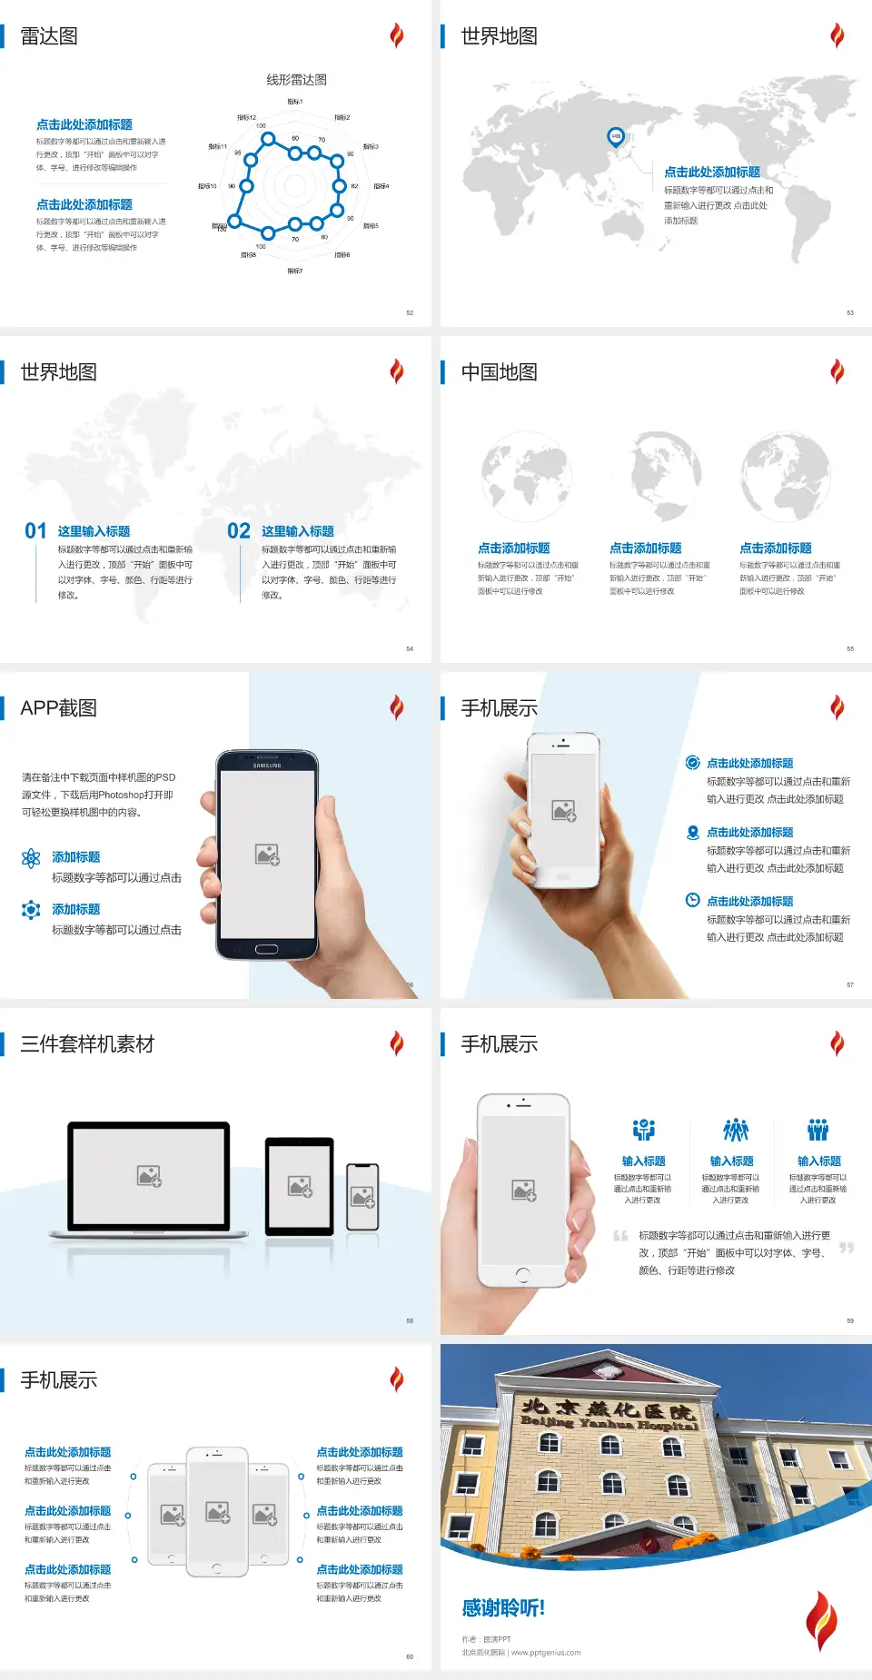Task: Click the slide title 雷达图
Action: [x=49, y=36]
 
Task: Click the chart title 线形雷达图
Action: [x=296, y=80]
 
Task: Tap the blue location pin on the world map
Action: [x=616, y=137]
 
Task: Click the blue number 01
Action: [x=35, y=531]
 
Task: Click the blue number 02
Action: [x=239, y=531]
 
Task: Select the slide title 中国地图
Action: [x=499, y=372]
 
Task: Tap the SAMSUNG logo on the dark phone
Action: [x=267, y=766]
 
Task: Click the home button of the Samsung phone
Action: [x=266, y=949]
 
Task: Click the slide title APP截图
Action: [x=58, y=708]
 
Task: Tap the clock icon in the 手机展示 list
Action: [x=692, y=900]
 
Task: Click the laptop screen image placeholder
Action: [x=149, y=1176]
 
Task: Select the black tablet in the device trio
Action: [x=300, y=1185]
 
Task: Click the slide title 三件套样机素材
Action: [x=87, y=1044]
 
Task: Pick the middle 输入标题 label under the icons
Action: [x=731, y=1161]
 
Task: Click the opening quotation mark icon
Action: [x=620, y=1236]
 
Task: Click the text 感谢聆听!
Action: [x=503, y=1608]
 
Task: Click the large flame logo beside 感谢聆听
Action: [x=820, y=1621]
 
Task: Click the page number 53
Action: [x=850, y=312]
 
